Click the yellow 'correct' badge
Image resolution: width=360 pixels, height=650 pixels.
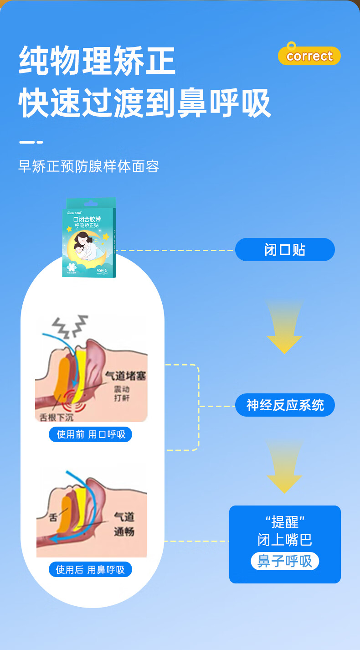[x=309, y=56]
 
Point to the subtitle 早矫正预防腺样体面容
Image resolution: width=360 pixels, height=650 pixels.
[x=89, y=166]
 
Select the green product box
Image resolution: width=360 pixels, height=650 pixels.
[x=89, y=237]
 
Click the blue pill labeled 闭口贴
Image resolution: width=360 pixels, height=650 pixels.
[x=285, y=250]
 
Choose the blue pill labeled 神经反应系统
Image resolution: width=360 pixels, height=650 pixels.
[x=285, y=405]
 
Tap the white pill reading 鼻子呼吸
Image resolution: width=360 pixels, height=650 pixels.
[x=285, y=561]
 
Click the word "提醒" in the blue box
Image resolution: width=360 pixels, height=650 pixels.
[x=285, y=521]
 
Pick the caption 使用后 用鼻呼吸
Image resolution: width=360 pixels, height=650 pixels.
[x=90, y=570]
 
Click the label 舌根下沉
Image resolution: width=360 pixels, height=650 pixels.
[x=56, y=416]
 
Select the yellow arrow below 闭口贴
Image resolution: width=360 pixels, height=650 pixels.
[x=284, y=328]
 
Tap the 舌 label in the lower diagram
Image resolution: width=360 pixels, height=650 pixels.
[x=53, y=517]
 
